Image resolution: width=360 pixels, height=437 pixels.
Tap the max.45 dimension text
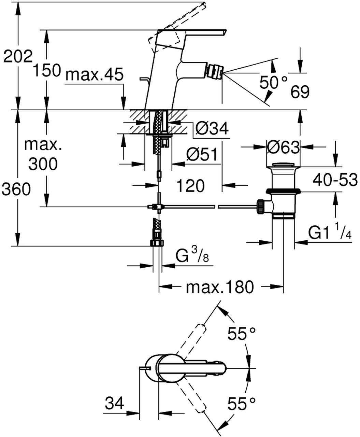coord(94,75)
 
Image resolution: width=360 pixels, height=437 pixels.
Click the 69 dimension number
coord(300,92)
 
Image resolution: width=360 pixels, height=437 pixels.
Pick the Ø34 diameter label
coord(212,129)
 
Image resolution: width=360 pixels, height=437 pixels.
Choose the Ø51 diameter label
coord(202,155)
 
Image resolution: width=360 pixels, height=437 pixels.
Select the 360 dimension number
coord(16,189)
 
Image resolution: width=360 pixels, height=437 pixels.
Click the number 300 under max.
coord(43,165)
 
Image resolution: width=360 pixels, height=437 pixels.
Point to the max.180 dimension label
coord(220,287)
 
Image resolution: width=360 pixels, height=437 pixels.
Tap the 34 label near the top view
coord(115,404)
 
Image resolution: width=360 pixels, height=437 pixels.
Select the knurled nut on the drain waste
coord(261,206)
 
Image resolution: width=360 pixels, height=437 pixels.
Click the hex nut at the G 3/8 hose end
coord(157,243)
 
